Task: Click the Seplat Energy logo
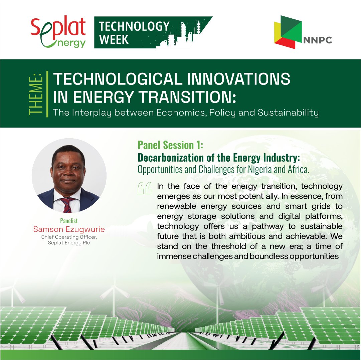pyautogui.click(x=58, y=32)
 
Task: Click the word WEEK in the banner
pyautogui.click(x=114, y=39)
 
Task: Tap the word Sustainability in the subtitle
pyautogui.click(x=288, y=113)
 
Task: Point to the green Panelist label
pyautogui.click(x=69, y=221)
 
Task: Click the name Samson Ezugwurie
pyautogui.click(x=69, y=229)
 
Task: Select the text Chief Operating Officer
pyautogui.click(x=69, y=237)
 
